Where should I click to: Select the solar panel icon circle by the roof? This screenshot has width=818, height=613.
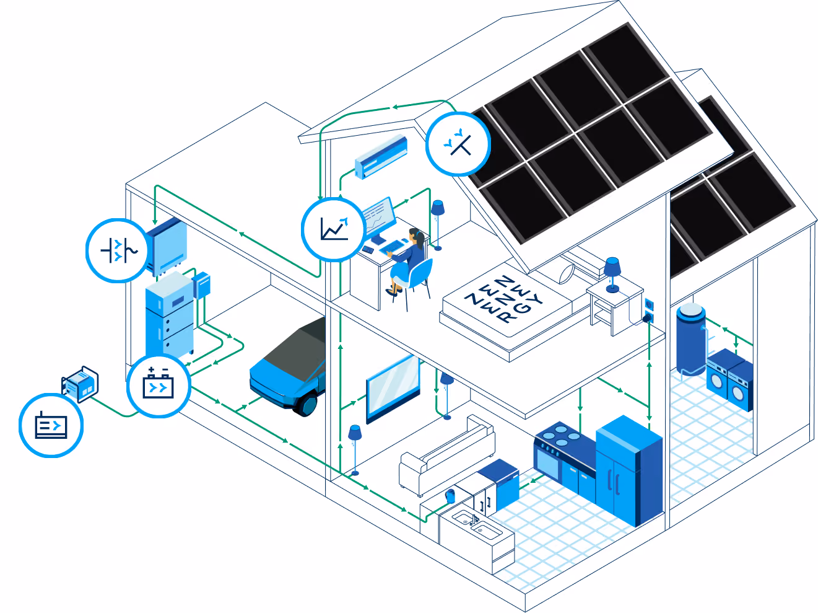pos(458,144)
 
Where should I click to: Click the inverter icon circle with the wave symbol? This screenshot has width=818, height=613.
pos(118,250)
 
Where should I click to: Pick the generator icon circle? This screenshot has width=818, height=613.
pos(51,425)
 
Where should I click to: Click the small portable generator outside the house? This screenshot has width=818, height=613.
pos(80,384)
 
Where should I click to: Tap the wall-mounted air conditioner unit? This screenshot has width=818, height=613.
pos(381,157)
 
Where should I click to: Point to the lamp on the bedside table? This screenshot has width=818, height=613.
pos(612,275)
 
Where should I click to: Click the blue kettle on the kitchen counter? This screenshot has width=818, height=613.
pos(451,496)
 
